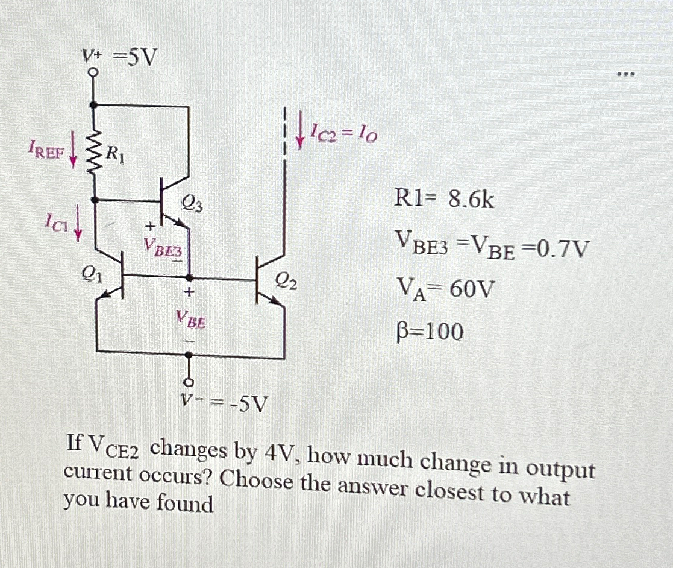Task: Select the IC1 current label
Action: pyautogui.click(x=58, y=225)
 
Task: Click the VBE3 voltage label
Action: pyautogui.click(x=161, y=247)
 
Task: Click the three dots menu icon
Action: pyautogui.click(x=625, y=75)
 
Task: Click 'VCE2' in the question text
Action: pyautogui.click(x=115, y=447)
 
